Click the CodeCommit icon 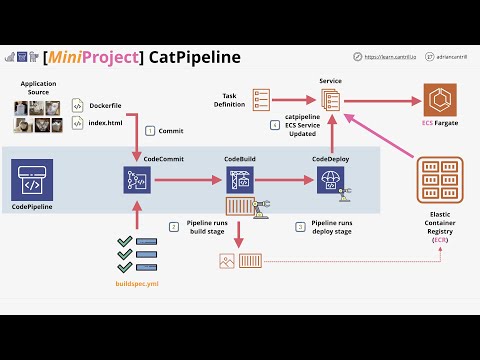point(136,180)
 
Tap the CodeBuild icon point(240,180)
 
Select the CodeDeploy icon point(330,180)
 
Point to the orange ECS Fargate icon point(441,100)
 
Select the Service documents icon point(331,101)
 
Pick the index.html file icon point(77,125)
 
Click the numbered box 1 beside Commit point(150,131)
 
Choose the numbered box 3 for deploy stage point(300,227)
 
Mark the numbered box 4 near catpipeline point(275,125)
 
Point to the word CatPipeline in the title point(195,56)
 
